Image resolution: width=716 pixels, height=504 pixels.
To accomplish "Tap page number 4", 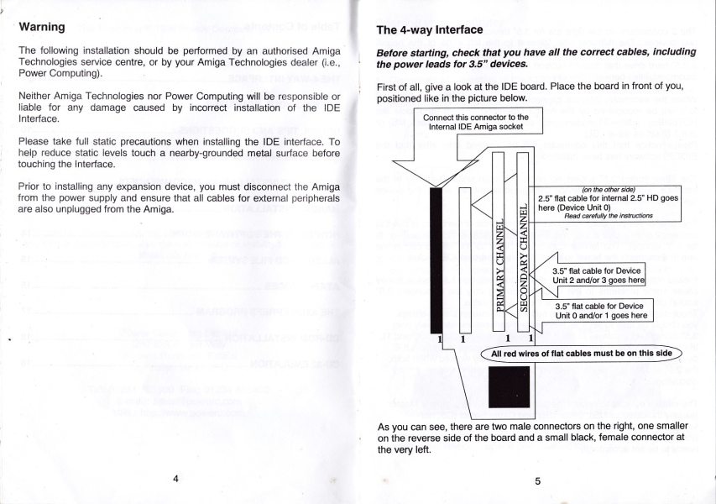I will pos(175,478).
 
